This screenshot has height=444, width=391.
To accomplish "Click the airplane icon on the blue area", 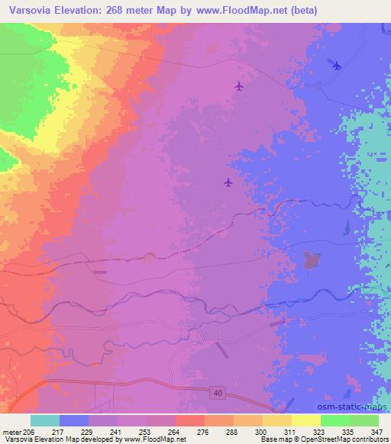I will pyautogui.click(x=337, y=65).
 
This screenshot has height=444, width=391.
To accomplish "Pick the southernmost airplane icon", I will pyautogui.click(x=228, y=182).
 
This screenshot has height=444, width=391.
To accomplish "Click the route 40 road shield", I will pyautogui.click(x=218, y=391).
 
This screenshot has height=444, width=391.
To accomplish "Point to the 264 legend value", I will pyautogui.click(x=174, y=431).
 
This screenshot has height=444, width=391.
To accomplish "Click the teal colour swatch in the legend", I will pyautogui.click(x=45, y=420).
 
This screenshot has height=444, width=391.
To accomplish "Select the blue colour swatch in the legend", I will pyautogui.click(x=74, y=420).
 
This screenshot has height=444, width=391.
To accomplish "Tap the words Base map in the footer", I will pyautogui.click(x=273, y=439).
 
